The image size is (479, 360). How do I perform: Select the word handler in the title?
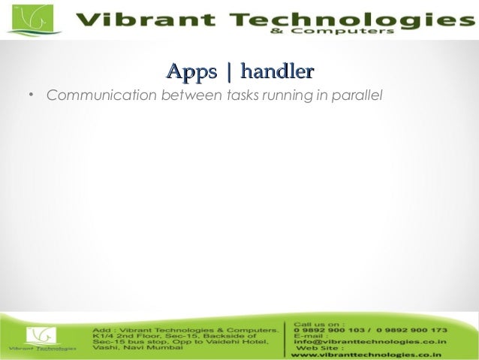click(x=276, y=72)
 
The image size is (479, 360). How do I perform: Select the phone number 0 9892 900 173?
click(x=412, y=330)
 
